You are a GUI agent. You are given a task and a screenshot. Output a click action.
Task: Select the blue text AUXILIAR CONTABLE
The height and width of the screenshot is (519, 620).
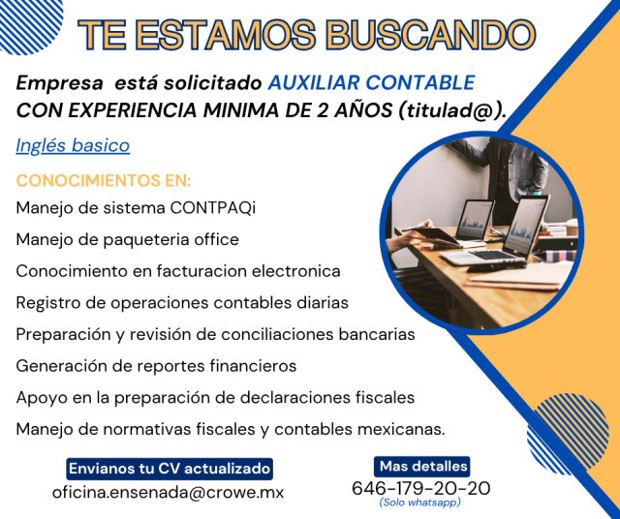click(x=371, y=82)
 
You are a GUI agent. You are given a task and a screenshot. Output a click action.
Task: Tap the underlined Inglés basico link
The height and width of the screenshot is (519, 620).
click(x=73, y=145)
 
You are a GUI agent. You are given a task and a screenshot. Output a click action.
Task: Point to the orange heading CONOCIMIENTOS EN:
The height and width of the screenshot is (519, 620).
click(x=104, y=181)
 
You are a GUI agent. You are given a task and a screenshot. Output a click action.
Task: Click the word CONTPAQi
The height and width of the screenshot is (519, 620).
click(x=213, y=207)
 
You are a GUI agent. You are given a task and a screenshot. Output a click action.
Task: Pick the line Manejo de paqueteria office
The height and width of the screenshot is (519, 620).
click(x=127, y=239)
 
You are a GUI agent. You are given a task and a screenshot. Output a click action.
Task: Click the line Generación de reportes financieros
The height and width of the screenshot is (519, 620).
click(x=156, y=366)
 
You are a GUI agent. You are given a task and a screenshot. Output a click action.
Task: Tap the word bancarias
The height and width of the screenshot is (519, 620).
click(x=377, y=334)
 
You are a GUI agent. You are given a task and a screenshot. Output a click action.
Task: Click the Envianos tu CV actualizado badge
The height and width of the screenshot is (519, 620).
click(x=170, y=469)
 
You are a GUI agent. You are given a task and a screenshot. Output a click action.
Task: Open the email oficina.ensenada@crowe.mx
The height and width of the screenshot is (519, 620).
click(x=168, y=493)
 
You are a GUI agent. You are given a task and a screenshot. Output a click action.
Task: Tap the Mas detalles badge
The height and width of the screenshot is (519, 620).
click(x=422, y=467)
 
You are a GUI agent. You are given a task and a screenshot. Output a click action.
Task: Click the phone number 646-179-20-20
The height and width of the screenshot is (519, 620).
click(x=421, y=488)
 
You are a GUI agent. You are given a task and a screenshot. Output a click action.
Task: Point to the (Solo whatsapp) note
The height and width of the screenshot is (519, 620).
click(x=419, y=503)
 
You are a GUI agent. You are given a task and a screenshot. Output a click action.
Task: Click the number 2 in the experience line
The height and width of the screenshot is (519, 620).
click(x=323, y=110)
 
